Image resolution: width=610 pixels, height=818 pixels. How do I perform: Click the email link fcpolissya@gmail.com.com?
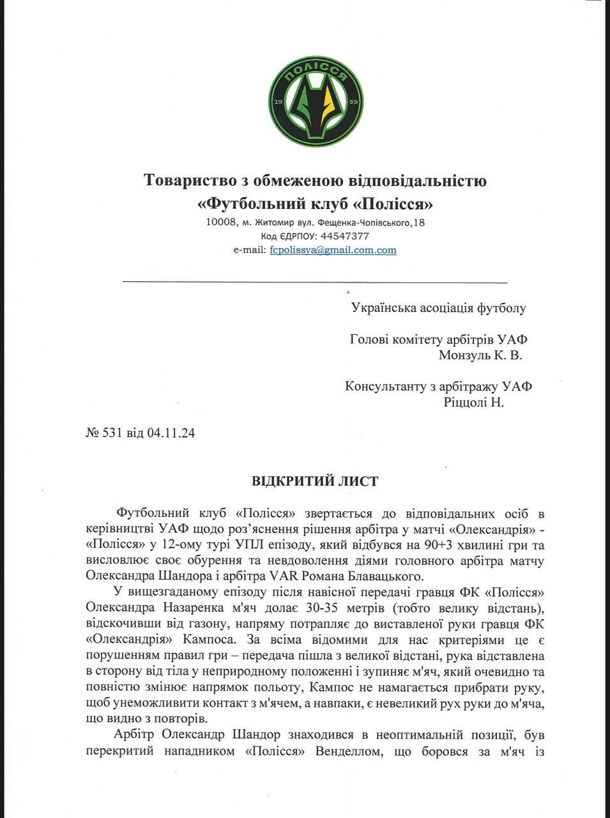tap(333, 250)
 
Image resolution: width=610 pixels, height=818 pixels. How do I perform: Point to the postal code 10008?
tap(220, 223)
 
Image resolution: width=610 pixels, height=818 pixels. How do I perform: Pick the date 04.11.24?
tap(171, 433)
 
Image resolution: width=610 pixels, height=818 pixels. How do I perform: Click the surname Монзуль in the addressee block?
tap(464, 355)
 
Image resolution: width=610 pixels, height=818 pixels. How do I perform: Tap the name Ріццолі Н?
tap(473, 403)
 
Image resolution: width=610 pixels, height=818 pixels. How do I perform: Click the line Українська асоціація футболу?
tap(438, 308)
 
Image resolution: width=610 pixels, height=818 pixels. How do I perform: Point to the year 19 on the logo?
tap(278, 102)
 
